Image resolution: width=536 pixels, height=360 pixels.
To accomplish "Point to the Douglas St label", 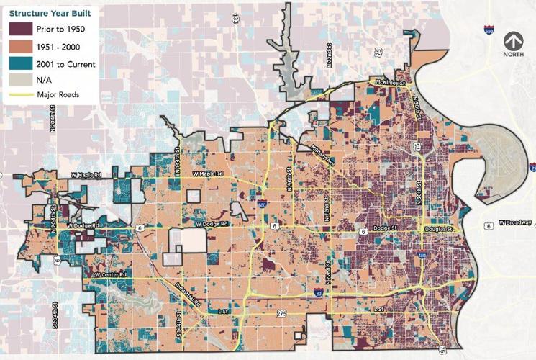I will click(442, 229).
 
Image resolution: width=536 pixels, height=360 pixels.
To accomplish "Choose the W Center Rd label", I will click(112, 275).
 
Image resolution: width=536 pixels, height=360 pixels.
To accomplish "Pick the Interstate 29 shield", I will click(532, 168).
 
